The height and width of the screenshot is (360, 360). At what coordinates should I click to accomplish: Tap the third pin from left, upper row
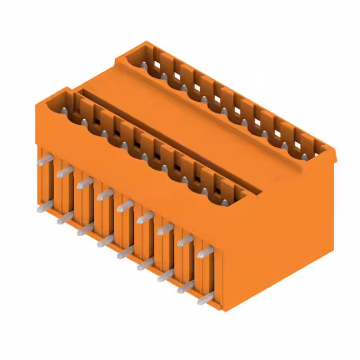(85, 183)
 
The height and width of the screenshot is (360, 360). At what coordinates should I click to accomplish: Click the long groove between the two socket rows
(169, 141)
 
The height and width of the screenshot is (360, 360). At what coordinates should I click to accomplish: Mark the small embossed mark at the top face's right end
(276, 179)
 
